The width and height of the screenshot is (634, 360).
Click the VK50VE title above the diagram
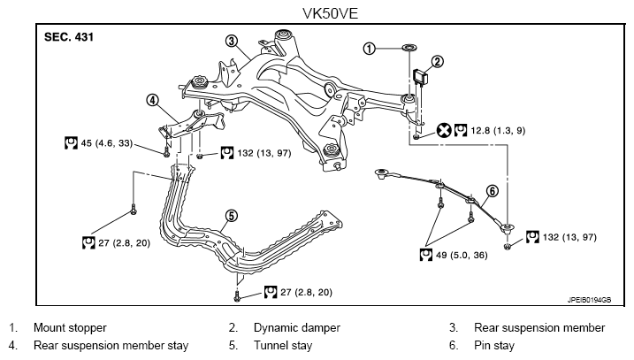click(330, 14)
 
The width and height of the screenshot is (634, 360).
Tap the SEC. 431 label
click(69, 37)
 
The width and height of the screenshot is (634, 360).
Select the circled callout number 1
click(369, 49)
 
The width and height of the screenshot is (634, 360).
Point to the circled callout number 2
click(437, 62)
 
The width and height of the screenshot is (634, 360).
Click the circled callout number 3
click(232, 41)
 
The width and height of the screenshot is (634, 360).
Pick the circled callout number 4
click(152, 100)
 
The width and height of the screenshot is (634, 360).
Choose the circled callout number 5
click(232, 216)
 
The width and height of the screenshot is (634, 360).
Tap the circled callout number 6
click(492, 190)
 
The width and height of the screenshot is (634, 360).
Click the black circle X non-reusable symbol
click(444, 130)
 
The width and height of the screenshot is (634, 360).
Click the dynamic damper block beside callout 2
click(421, 77)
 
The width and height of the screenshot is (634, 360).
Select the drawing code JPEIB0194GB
click(589, 300)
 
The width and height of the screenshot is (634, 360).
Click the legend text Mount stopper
click(70, 327)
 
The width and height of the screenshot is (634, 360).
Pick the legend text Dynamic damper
click(297, 327)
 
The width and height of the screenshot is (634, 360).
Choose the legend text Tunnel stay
click(283, 346)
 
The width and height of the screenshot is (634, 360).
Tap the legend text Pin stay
click(494, 346)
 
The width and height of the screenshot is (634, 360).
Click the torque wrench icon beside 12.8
click(461, 130)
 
